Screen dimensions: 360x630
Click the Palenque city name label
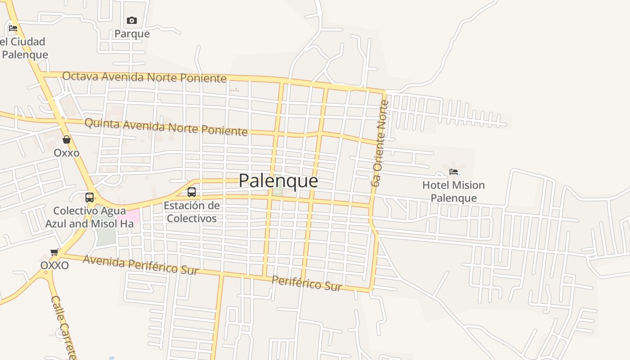[x=278, y=180]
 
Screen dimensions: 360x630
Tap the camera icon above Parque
[x=131, y=20]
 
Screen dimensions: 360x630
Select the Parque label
[x=132, y=34]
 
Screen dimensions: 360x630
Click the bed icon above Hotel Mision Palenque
[x=454, y=171]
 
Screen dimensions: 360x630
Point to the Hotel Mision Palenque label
[x=454, y=192]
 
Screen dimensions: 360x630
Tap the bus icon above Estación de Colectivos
[x=191, y=192]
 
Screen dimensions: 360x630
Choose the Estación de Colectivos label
[x=191, y=212]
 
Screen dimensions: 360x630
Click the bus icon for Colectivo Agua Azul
[x=89, y=197]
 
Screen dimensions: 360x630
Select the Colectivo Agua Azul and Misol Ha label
[x=89, y=217]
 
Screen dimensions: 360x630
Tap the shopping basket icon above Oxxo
[x=67, y=139]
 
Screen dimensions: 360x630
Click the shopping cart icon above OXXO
[x=54, y=252]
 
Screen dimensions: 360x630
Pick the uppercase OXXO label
[x=54, y=265]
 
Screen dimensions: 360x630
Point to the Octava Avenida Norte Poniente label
[x=144, y=77]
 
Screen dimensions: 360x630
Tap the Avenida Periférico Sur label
[x=140, y=265]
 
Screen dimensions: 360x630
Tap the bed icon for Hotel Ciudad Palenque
[x=13, y=28]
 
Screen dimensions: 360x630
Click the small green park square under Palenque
[x=278, y=191]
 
